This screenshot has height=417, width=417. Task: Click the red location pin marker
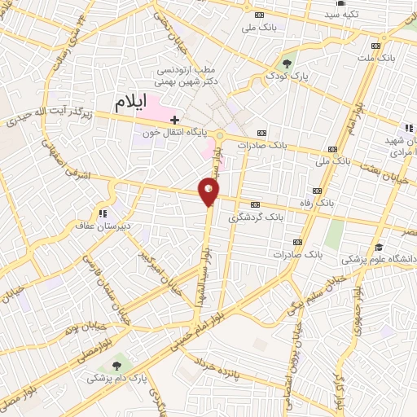pos(209,191)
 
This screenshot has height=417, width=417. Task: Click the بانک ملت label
pos(379,59)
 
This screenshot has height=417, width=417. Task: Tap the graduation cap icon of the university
pos(379,247)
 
